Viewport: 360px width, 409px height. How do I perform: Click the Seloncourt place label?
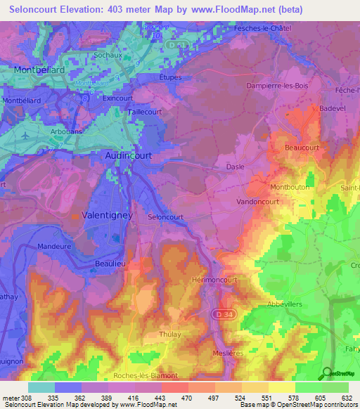pos(167,217)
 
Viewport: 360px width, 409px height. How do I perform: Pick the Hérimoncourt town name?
pos(217,279)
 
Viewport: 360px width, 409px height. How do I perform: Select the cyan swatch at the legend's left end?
pos(41,387)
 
